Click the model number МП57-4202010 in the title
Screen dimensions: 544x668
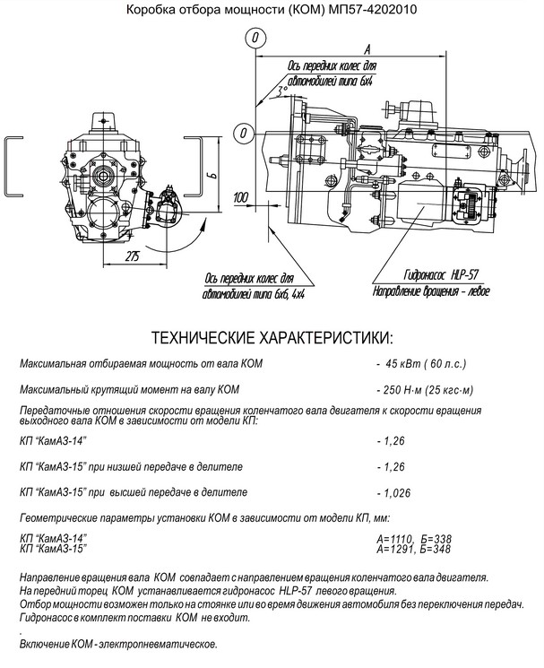coord(373,9)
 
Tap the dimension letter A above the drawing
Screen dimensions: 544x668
coord(367,49)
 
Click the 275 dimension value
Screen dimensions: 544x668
coord(133,256)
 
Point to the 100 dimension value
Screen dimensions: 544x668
coord(241,197)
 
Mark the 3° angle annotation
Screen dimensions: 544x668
coord(281,91)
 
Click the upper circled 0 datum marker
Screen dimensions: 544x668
coord(255,38)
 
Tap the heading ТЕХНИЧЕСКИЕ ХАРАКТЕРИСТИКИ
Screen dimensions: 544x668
coord(272,338)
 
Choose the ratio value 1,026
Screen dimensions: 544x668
coord(397,493)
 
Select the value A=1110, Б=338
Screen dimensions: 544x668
coord(414,540)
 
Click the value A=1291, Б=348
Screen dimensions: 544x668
coord(413,549)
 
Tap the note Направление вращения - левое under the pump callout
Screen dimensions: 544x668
coord(431,291)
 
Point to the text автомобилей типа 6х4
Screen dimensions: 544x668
coord(330,82)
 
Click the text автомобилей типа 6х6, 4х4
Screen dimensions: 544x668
coord(254,294)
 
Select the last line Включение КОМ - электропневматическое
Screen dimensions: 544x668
coord(118,644)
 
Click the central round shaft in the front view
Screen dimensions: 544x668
coord(102,175)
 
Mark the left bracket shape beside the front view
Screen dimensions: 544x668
coord(13,168)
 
